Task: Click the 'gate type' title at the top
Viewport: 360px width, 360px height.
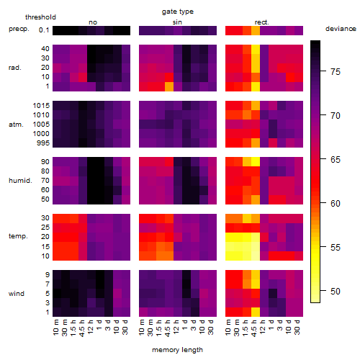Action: click(178, 12)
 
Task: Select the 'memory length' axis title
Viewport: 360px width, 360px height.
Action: click(177, 350)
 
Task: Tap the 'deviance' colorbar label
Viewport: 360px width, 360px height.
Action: click(341, 29)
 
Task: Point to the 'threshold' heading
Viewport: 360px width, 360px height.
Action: click(40, 17)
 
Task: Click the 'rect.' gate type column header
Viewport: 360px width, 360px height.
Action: click(261, 22)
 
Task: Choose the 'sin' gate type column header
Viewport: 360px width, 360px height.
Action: click(177, 22)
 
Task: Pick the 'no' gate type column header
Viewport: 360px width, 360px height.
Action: click(93, 22)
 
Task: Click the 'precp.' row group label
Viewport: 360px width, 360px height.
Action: click(19, 29)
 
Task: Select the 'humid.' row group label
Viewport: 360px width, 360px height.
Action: click(20, 181)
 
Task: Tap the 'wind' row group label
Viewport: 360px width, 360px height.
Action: click(17, 294)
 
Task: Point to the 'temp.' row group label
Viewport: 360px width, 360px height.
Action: click(18, 236)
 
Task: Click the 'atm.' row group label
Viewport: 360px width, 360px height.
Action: click(16, 125)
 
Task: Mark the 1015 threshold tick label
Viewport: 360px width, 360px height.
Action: click(41, 106)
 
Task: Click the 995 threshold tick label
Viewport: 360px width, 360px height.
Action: click(43, 143)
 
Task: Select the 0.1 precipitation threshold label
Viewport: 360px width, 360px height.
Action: click(44, 30)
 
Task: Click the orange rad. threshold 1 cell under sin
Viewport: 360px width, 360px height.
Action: click(169, 86)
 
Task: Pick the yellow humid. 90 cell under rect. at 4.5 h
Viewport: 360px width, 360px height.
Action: click(256, 162)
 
